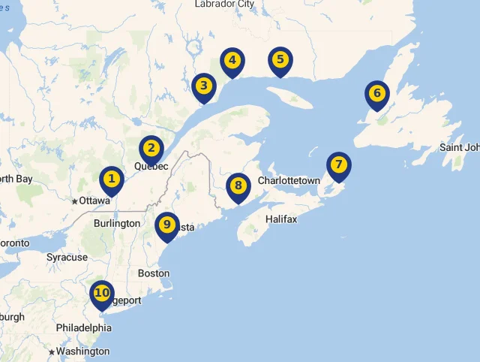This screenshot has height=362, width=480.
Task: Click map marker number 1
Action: click(x=111, y=179)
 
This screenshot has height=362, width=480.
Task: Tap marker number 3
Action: click(x=203, y=86)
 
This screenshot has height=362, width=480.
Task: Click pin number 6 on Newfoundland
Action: click(x=377, y=94)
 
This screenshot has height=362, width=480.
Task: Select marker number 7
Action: click(x=338, y=164)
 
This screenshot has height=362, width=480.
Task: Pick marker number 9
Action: click(x=166, y=225)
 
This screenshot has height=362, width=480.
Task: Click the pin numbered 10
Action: click(x=101, y=293)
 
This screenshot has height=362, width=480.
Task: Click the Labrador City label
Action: click(x=224, y=5)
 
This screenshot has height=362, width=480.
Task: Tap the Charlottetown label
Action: click(x=289, y=181)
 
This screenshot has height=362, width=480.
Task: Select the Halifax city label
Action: click(x=281, y=219)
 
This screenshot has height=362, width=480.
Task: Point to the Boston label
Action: click(x=154, y=273)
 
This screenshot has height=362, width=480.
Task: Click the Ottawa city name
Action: click(x=94, y=201)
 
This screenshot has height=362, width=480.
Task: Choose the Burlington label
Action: click(x=117, y=224)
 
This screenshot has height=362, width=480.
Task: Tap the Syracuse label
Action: click(x=67, y=257)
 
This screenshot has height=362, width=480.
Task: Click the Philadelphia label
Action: click(x=83, y=328)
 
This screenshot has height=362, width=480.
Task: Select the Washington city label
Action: click(x=82, y=351)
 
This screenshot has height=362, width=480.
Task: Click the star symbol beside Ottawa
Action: click(x=74, y=201)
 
